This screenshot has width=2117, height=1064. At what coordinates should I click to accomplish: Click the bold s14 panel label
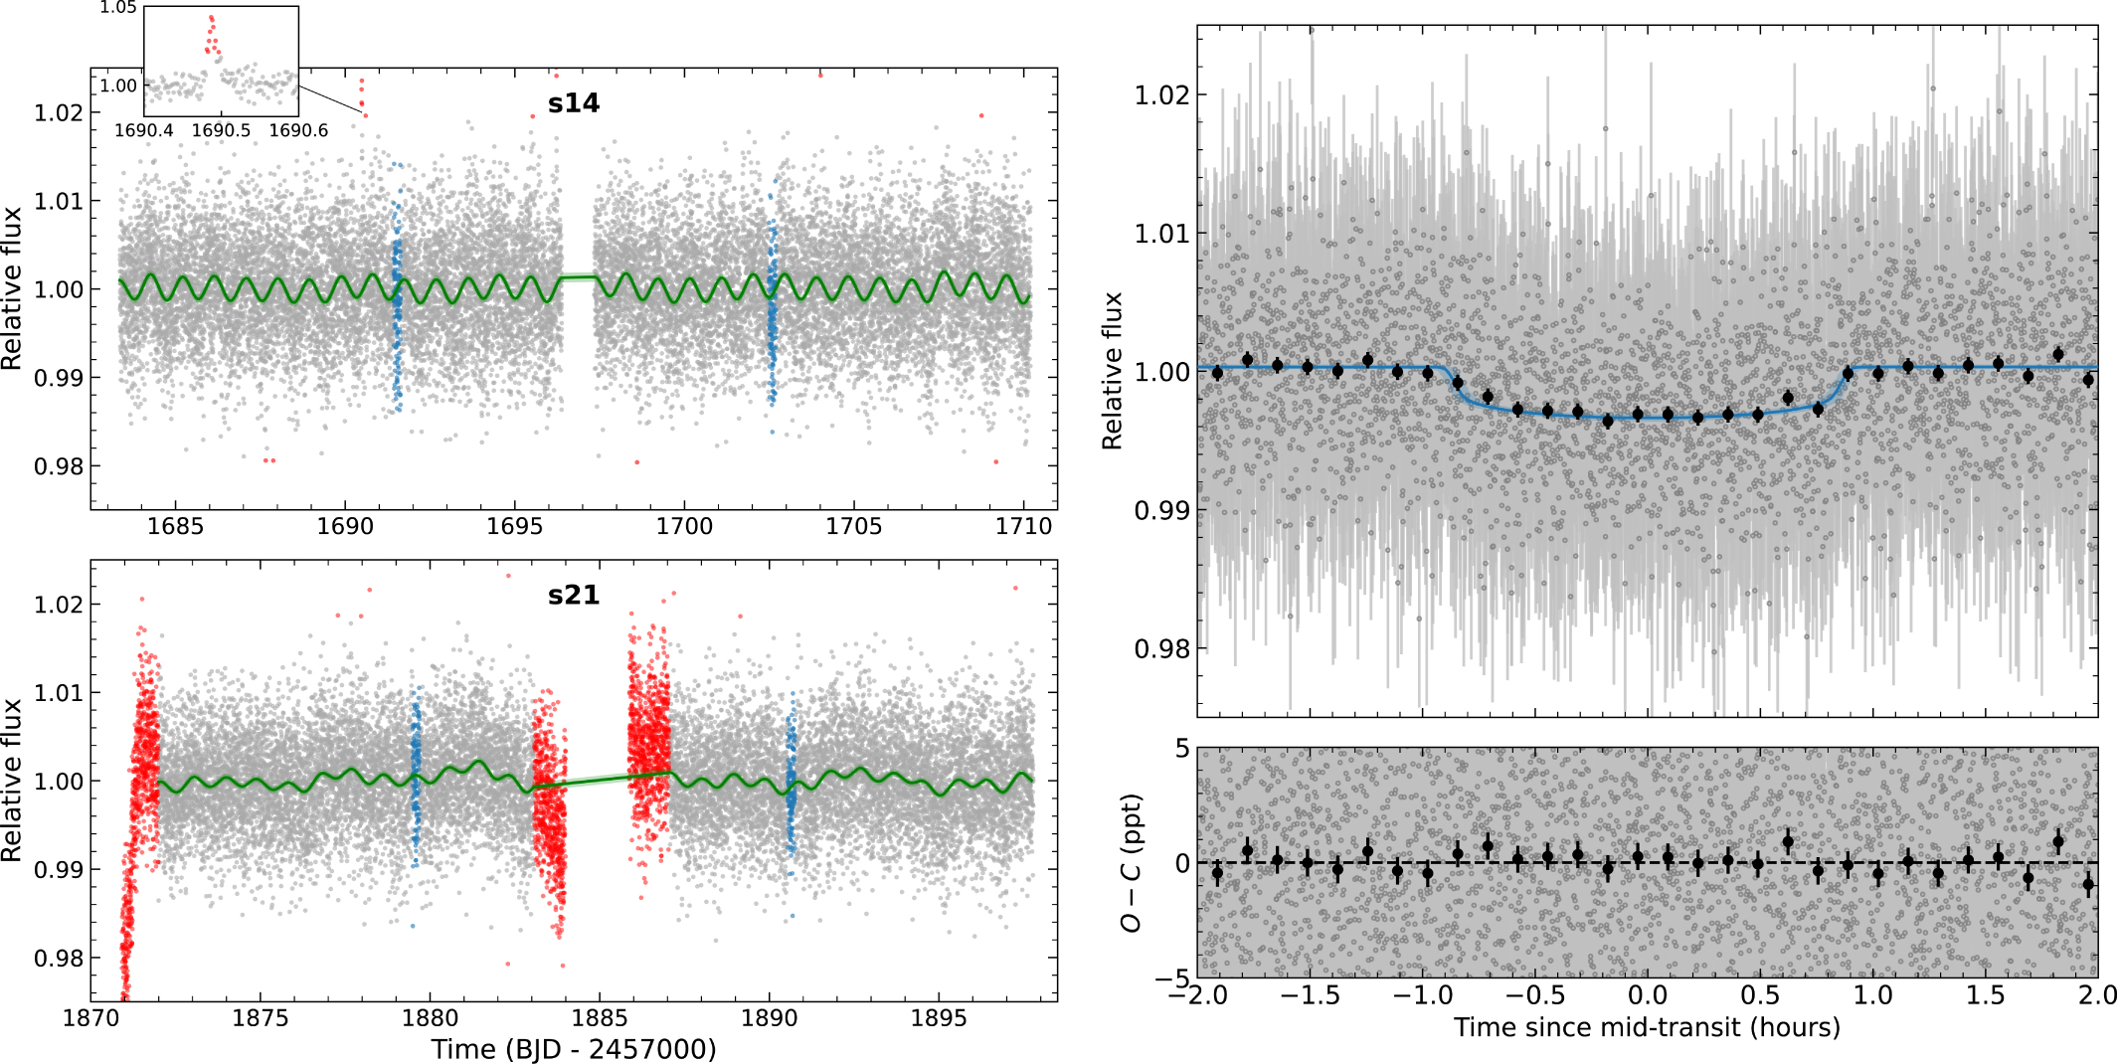coord(574,103)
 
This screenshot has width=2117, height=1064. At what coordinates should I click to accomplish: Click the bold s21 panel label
coord(574,595)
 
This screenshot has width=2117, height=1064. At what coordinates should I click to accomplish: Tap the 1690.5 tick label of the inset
coord(221,130)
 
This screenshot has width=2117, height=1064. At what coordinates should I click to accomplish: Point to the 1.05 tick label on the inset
coord(118,8)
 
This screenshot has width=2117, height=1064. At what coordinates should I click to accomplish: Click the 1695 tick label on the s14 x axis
coord(515,526)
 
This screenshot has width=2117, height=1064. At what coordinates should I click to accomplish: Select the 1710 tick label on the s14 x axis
coord(1023,526)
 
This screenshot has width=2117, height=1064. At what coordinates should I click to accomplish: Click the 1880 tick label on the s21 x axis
coord(430,1018)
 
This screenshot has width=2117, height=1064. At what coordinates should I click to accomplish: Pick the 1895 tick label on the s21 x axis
coord(939,1018)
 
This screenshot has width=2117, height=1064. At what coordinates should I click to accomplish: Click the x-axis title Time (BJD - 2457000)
coord(574,1049)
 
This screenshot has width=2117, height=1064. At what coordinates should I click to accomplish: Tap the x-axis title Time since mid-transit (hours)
coord(1647,1027)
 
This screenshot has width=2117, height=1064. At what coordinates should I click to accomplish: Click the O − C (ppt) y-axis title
coord(1132,863)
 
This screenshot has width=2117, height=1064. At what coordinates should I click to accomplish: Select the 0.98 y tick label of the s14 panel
coord(60,466)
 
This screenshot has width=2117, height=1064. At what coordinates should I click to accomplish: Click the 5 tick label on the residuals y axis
coord(1181,748)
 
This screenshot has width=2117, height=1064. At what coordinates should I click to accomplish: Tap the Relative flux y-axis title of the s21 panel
coord(12,781)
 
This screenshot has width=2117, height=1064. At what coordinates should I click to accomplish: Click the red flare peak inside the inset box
coord(211,20)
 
